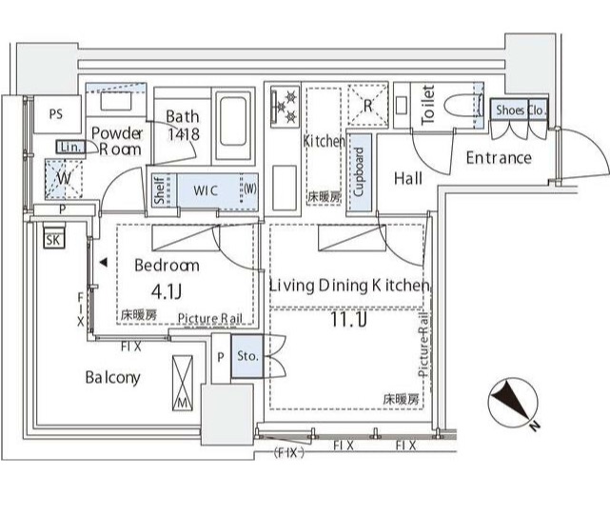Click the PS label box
tap(56, 114)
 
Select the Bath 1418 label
tap(182, 126)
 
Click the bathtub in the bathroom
tap(232, 127)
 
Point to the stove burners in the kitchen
tap(285, 108)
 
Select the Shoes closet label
tap(510, 110)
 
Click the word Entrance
tap(498, 157)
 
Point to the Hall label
tap(408, 177)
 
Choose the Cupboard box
tap(359, 171)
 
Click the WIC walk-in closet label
tap(207, 189)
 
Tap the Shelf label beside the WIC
tap(159, 189)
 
